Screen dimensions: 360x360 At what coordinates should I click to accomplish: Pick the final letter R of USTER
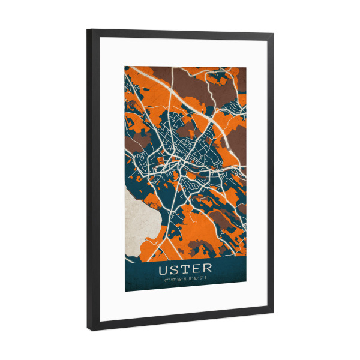(208, 268)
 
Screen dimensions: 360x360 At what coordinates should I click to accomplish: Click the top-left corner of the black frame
(88, 29)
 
